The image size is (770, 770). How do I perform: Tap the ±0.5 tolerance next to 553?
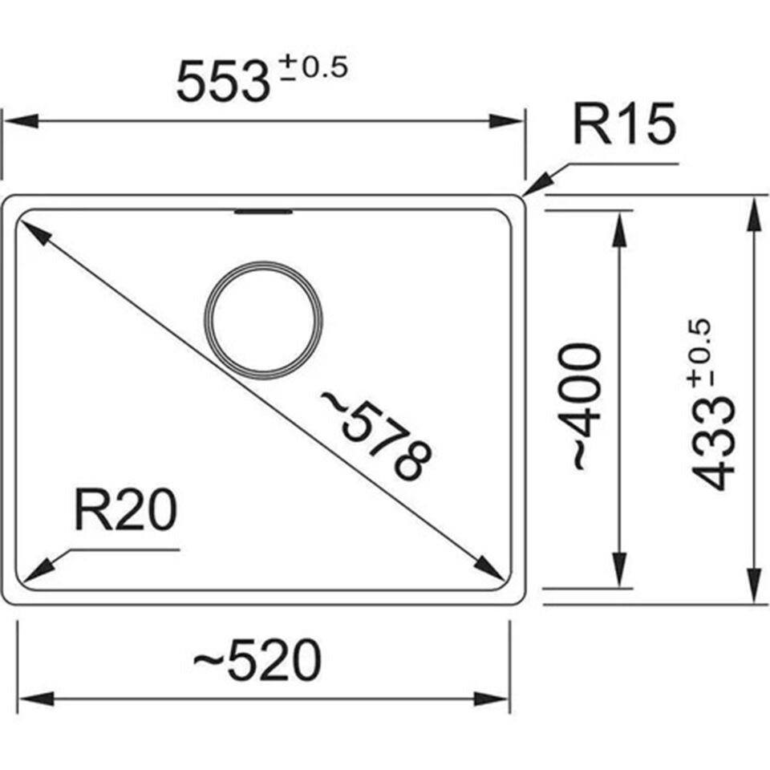(x=311, y=69)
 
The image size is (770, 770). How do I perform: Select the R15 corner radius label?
(x=624, y=126)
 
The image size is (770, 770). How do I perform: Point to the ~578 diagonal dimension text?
(x=376, y=434)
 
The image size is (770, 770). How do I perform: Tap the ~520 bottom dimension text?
(x=257, y=662)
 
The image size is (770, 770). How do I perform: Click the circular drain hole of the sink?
(x=264, y=319)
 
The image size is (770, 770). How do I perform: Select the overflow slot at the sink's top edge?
(x=263, y=213)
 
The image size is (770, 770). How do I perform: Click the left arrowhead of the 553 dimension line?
(x=19, y=121)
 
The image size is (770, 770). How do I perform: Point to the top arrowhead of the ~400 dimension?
(x=618, y=229)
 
